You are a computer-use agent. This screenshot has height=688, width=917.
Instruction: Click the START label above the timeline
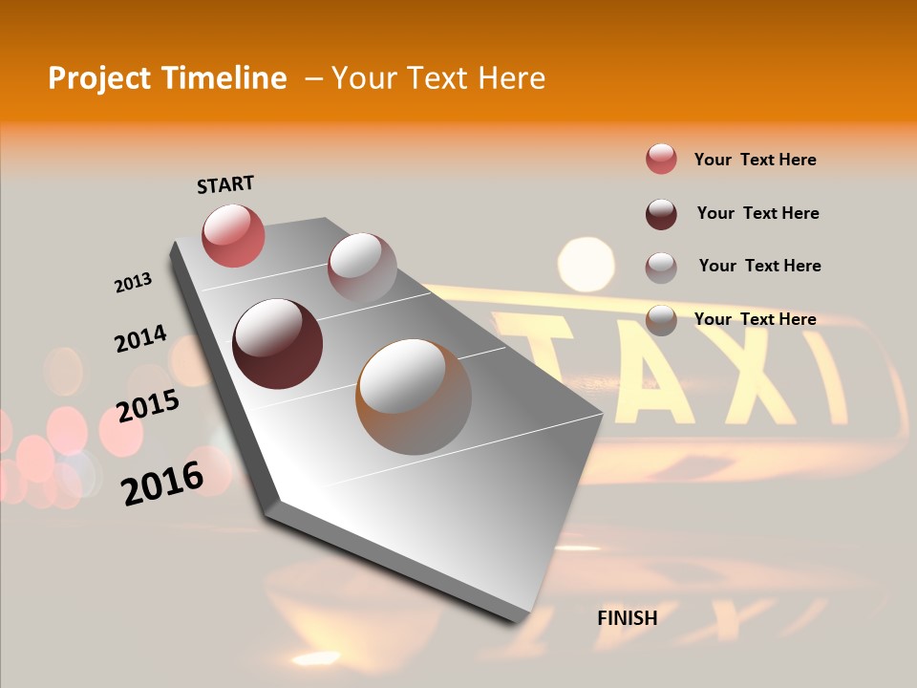(225, 184)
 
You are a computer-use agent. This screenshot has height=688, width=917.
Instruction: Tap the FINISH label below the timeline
(628, 618)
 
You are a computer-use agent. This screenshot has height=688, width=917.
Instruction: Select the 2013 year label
(133, 283)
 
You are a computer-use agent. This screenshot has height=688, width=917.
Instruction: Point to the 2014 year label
(140, 339)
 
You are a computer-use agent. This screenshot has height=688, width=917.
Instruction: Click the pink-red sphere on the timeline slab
(233, 235)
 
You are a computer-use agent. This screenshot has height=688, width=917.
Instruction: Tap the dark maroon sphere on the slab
(277, 344)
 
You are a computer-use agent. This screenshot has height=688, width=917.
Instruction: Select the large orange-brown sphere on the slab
(414, 397)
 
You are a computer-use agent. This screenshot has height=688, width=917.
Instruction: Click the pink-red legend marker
(661, 159)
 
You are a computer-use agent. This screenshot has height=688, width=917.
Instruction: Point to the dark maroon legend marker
(661, 213)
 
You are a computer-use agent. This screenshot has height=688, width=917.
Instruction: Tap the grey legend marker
(661, 267)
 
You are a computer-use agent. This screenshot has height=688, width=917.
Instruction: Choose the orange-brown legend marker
(661, 319)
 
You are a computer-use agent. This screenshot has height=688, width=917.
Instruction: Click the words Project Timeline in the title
(167, 78)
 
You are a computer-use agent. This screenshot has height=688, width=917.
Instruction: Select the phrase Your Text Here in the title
(438, 78)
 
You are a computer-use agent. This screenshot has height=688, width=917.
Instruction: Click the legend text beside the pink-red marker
(755, 160)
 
